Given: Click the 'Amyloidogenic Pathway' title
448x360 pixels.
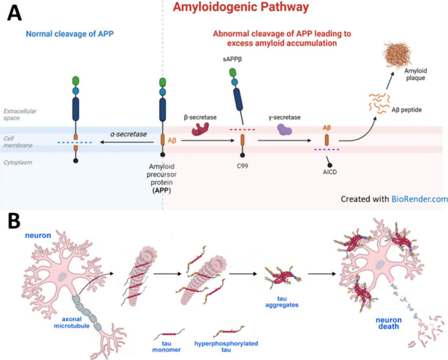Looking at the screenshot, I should [240, 9].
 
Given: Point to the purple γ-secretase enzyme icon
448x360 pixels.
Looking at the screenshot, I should [284, 129].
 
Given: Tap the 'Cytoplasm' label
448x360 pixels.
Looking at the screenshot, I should [20, 162].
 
